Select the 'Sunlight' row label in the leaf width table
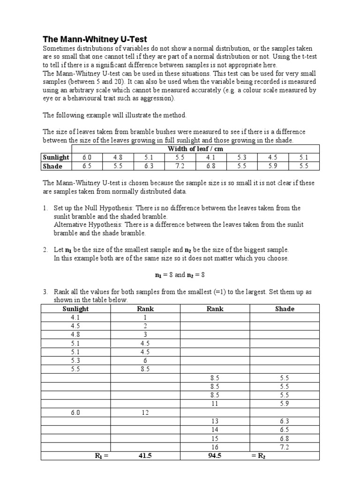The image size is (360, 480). [x=56, y=157]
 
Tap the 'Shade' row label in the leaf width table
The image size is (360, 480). [x=52, y=166]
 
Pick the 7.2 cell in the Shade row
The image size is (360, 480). [x=180, y=166]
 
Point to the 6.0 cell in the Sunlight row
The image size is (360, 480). [x=87, y=157]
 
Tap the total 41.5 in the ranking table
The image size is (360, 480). [x=145, y=456]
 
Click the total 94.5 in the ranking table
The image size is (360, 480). [x=215, y=456]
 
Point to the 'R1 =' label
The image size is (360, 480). [x=99, y=456]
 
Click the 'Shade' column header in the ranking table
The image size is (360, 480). [x=285, y=309]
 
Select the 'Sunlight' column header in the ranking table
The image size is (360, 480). [x=75, y=309]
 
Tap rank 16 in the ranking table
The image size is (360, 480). [x=215, y=447]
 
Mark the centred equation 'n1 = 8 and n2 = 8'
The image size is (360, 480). [x=180, y=275]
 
